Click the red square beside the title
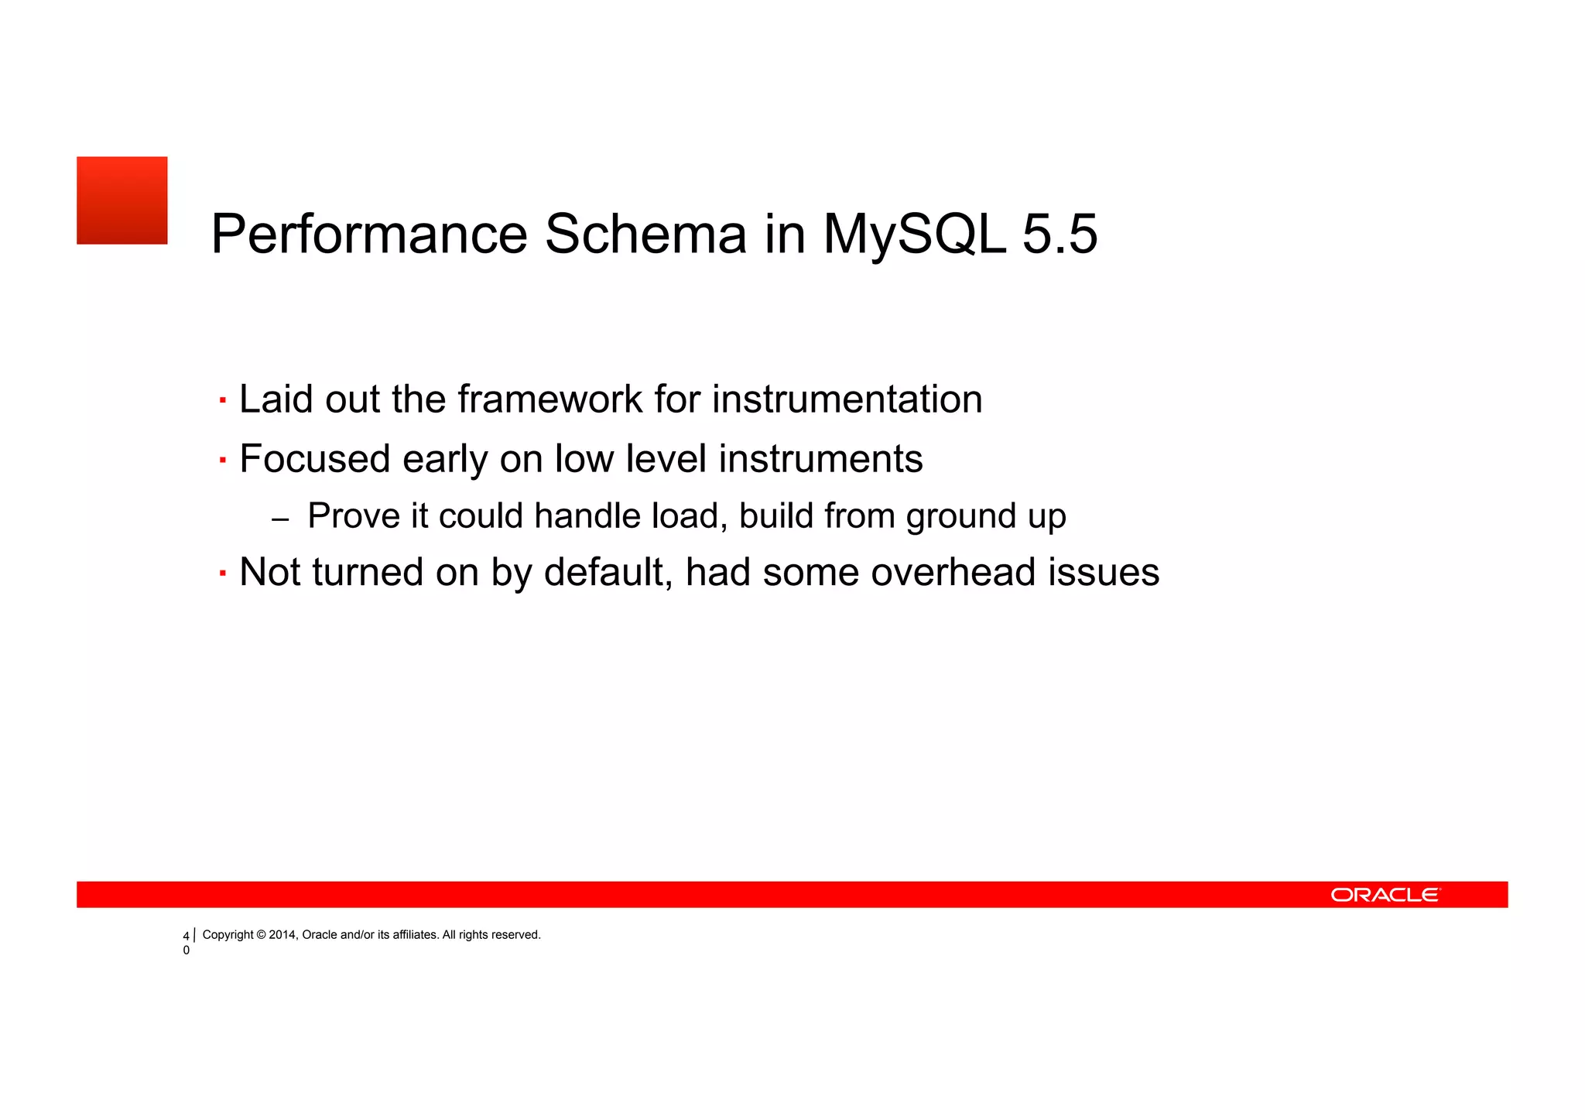[122, 200]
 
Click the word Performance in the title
[369, 234]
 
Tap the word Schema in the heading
[645, 234]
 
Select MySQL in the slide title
[914, 234]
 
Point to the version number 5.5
[1060, 234]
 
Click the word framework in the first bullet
[550, 399]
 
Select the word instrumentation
[847, 399]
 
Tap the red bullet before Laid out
[223, 401]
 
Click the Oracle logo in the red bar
[1385, 895]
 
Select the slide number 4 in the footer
[186, 937]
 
